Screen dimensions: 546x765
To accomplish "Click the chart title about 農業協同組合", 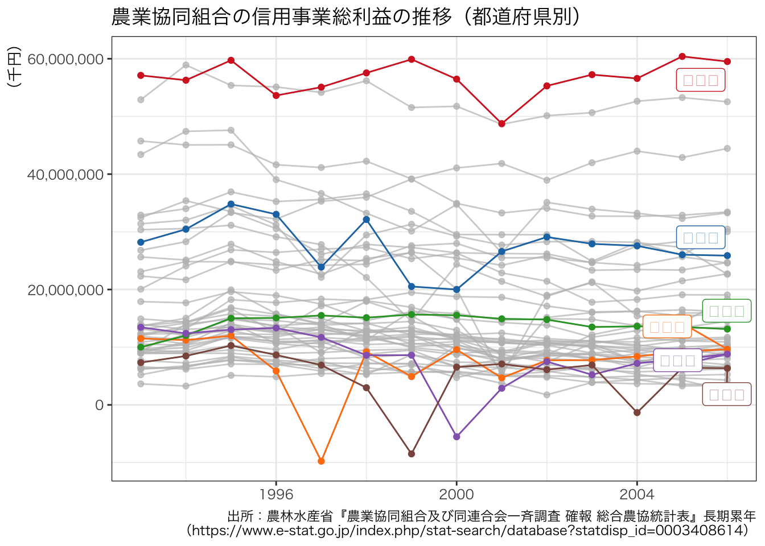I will [x=346, y=17].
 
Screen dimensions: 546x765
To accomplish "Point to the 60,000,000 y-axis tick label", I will [x=65, y=59].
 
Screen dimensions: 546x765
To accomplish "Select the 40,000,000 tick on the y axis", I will [x=65, y=175].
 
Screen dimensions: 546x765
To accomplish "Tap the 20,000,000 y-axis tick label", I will [x=65, y=290].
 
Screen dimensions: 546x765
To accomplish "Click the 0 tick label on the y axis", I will [x=100, y=406].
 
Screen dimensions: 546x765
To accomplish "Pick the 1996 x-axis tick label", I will [x=276, y=493].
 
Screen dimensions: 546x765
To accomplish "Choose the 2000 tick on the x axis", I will [x=456, y=493].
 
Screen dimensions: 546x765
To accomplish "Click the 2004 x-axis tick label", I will [x=637, y=493].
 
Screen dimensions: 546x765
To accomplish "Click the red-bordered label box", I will [x=701, y=80].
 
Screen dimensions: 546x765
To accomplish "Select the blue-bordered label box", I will [x=701, y=238].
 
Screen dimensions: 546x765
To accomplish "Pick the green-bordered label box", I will [x=727, y=311].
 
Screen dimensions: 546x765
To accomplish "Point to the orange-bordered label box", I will [x=667, y=327].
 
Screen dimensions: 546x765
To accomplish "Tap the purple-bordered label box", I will [x=677, y=361].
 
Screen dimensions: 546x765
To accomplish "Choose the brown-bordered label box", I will [x=727, y=395].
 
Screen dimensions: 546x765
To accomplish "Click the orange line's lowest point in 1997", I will [x=321, y=461].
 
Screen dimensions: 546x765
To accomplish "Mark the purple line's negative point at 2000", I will [x=456, y=437].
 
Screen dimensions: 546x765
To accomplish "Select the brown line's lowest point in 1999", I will [x=412, y=454].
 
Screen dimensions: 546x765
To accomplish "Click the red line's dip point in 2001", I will [x=501, y=124].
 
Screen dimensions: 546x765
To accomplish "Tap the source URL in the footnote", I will [x=467, y=531].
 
